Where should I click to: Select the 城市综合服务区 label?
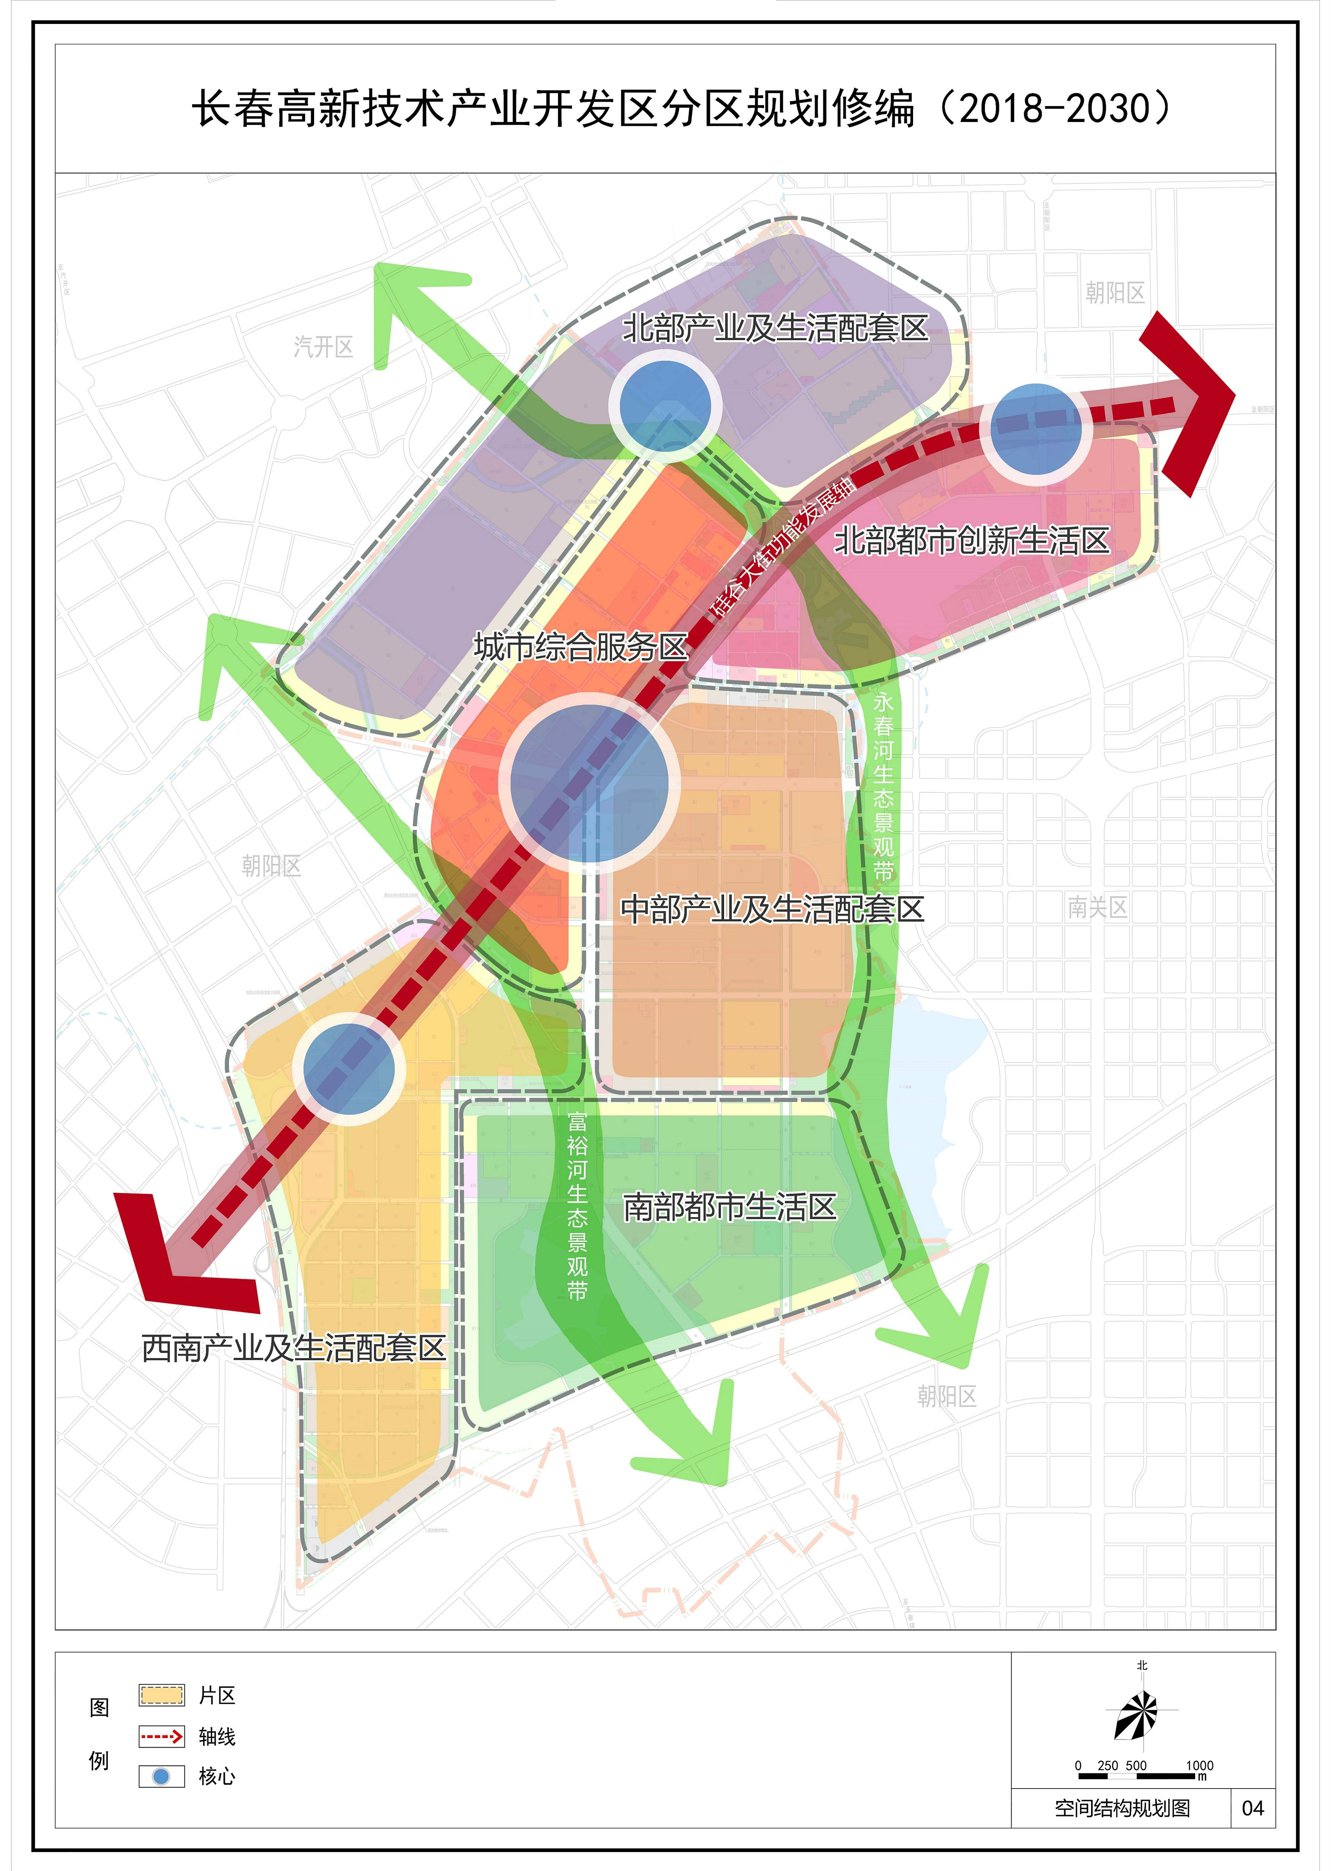[580, 647]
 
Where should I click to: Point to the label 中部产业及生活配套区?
[772, 909]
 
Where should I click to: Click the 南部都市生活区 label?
[729, 1207]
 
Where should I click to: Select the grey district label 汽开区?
[324, 347]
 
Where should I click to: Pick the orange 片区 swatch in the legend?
[162, 1695]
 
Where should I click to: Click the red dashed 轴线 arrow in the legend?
[162, 1736]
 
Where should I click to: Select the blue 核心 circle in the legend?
[162, 1776]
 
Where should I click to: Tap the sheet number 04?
[1252, 1809]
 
